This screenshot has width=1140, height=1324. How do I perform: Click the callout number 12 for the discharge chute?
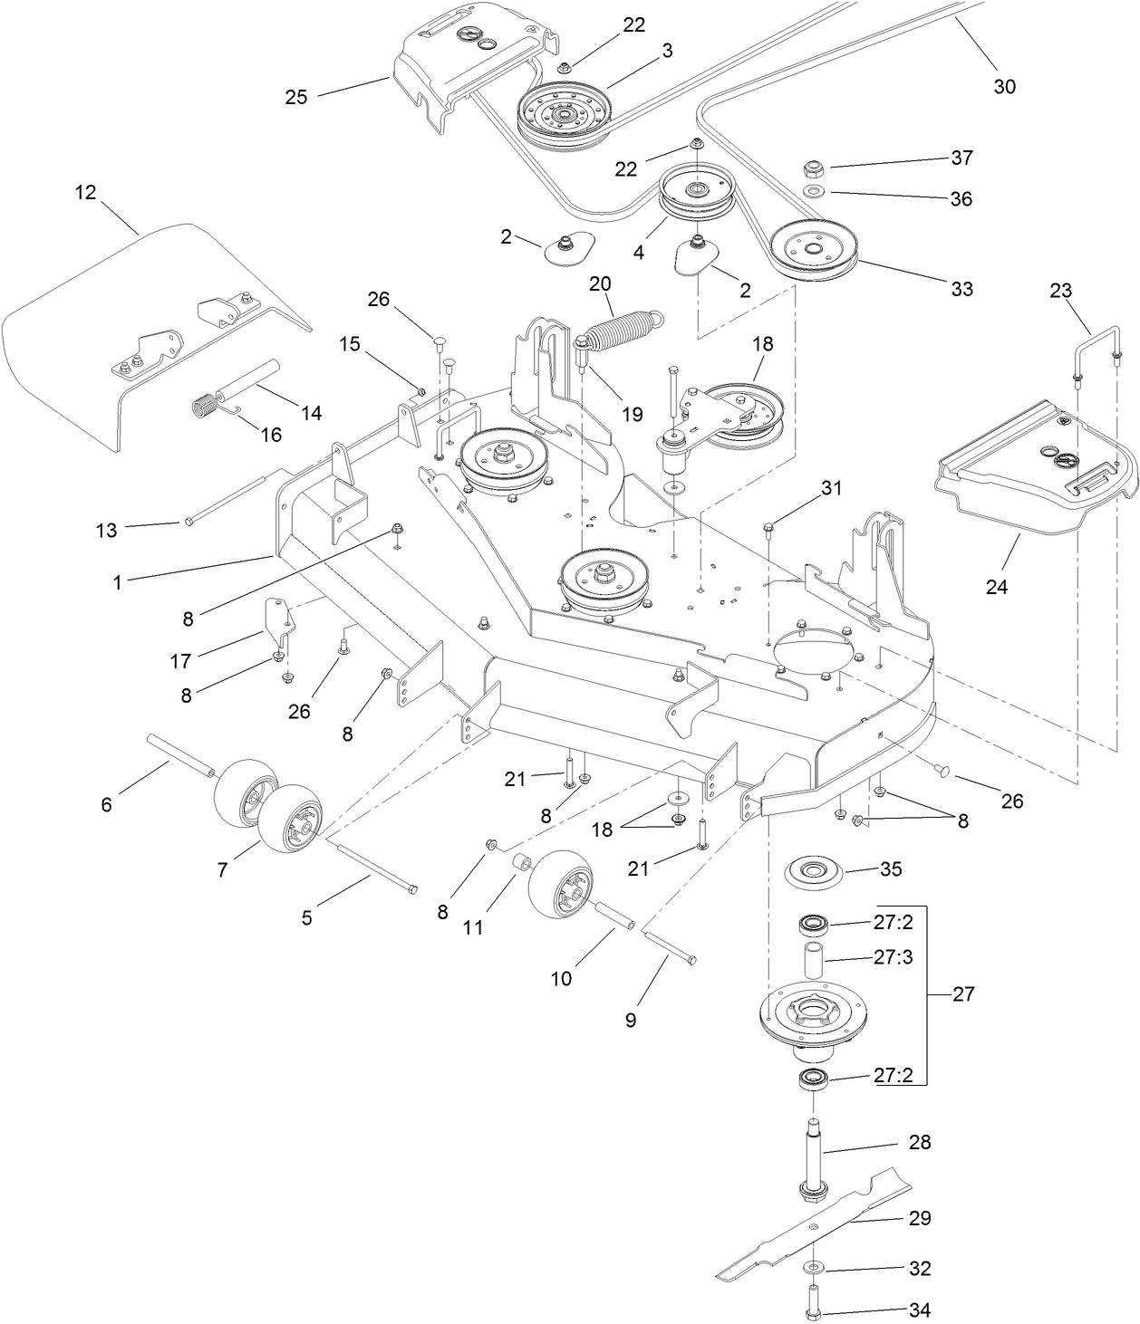click(x=85, y=194)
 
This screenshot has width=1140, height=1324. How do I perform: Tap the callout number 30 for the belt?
click(x=1005, y=86)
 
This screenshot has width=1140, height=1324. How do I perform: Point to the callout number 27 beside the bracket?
click(x=963, y=994)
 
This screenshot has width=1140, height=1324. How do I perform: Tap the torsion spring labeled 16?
click(x=211, y=403)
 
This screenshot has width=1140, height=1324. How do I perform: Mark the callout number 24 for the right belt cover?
click(x=996, y=587)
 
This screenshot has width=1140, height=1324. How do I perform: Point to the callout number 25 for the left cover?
click(x=296, y=97)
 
